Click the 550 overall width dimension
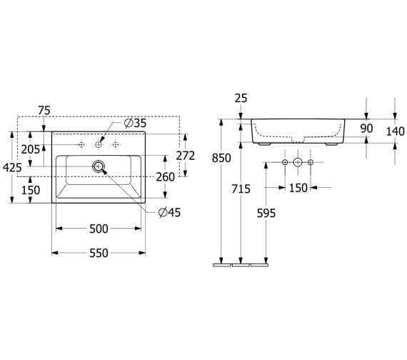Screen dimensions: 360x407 pos(99,252)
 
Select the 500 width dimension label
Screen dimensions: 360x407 pos(99,229)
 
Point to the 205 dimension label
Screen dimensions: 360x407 pos(30,149)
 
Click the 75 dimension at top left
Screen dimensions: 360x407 pos(44,110)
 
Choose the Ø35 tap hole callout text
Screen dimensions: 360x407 pos(135,124)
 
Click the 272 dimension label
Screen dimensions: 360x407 pos(185,155)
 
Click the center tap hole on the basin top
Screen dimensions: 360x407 pos(99,145)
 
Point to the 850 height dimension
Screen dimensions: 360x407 pos(221,158)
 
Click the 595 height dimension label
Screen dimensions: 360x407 pos(266,213)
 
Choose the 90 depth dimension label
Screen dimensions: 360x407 pos(366,129)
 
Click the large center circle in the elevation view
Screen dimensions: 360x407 pos(298,164)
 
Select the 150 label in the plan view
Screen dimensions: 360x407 pos(30,191)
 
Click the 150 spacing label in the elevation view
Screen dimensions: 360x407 pos(298,188)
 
